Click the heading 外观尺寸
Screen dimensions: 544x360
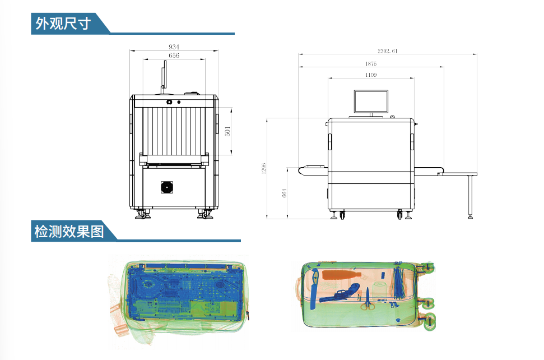click(x=63, y=24)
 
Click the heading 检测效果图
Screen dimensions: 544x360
click(x=69, y=231)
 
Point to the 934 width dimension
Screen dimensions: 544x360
click(x=174, y=47)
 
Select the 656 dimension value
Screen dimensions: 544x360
click(x=174, y=56)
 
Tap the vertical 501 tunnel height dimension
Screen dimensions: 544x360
click(x=227, y=131)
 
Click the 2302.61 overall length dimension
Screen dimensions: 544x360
click(x=388, y=51)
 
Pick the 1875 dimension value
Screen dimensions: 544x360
click(x=371, y=63)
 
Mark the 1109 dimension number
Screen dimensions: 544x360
click(x=371, y=75)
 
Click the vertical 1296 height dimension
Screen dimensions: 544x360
click(x=264, y=168)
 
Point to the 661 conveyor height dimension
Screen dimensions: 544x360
click(x=285, y=193)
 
